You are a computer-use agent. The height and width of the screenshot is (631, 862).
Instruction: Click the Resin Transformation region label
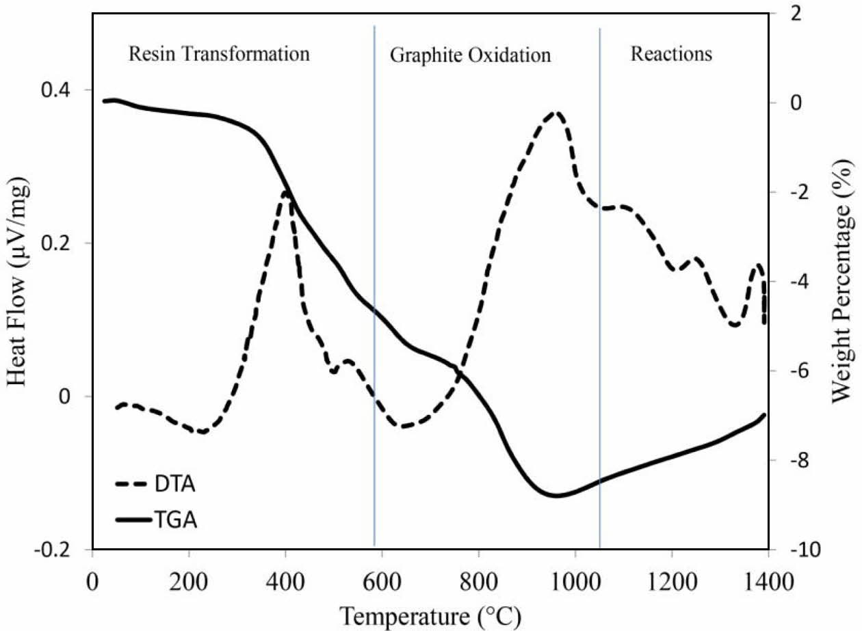(219, 54)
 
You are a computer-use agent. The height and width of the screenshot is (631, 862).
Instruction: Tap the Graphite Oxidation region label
(470, 55)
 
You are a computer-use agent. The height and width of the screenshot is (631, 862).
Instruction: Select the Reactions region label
(670, 54)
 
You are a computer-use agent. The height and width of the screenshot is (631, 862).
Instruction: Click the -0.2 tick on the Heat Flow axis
(66, 550)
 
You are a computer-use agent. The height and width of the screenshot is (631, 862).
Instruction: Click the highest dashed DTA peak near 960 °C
(556, 113)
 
